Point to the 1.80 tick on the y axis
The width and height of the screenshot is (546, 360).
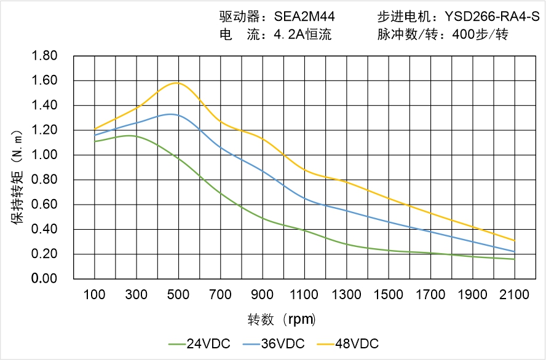44,56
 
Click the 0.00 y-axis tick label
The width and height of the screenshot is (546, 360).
44,279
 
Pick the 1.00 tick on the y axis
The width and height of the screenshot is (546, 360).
44,155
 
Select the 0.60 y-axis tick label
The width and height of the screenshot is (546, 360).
44,205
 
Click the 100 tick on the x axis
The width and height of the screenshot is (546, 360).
95,295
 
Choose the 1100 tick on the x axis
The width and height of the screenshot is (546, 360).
305,295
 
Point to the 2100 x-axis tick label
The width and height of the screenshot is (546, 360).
515,295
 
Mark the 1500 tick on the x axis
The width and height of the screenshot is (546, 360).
389,295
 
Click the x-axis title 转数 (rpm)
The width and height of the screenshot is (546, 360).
282,319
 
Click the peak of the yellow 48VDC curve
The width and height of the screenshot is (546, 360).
178,82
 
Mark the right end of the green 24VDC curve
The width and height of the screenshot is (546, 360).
515,259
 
